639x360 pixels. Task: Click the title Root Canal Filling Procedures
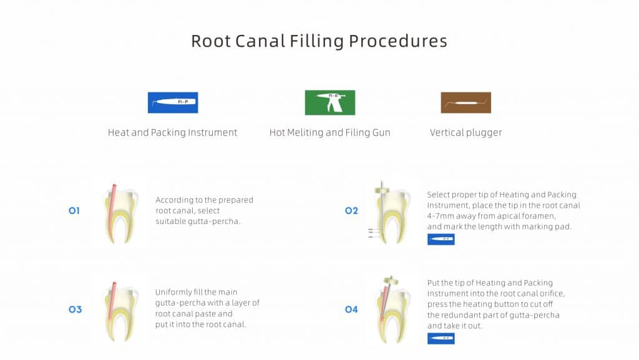tap(319, 41)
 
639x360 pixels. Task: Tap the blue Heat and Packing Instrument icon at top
tap(173, 102)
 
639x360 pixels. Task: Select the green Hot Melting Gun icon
tap(330, 102)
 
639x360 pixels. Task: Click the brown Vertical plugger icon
tap(466, 102)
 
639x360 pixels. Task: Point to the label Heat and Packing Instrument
tap(172, 132)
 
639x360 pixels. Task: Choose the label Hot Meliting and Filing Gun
tap(329, 132)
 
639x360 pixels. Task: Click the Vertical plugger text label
tap(466, 133)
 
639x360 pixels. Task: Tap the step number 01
tap(74, 210)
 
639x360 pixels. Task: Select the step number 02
tap(351, 210)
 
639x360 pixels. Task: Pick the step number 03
tap(75, 309)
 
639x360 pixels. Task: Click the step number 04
tap(351, 309)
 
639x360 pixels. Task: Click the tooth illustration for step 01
tap(120, 214)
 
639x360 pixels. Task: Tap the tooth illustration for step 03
tap(120, 311)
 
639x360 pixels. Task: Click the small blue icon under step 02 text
tap(441, 240)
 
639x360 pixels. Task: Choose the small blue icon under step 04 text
tap(441, 338)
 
